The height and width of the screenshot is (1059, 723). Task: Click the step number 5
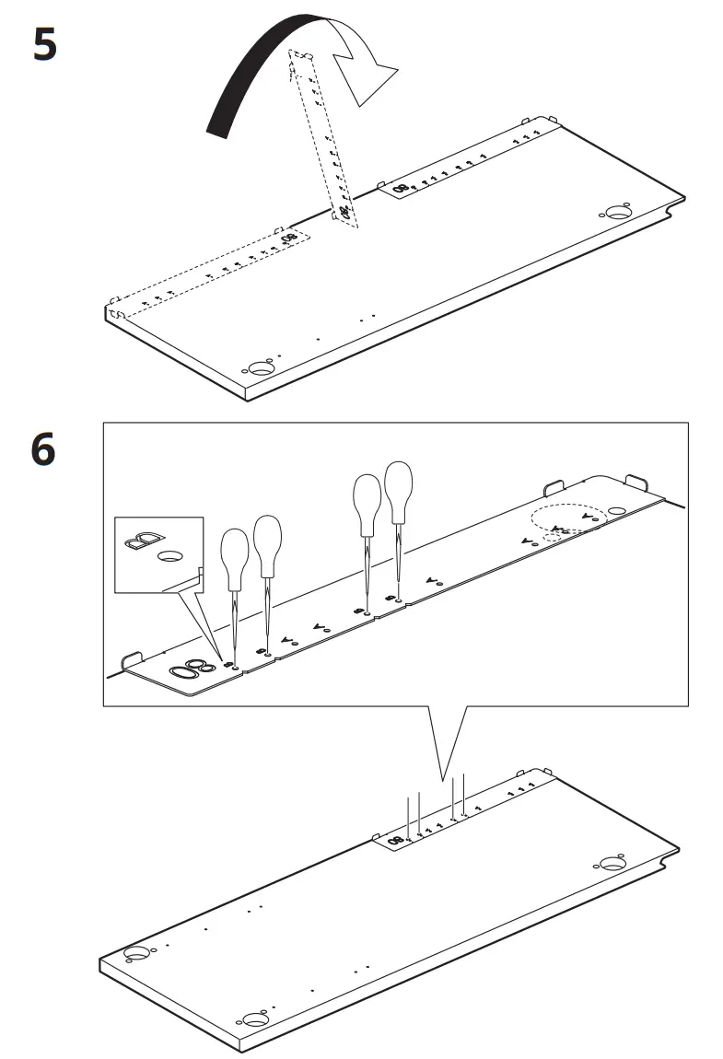(x=44, y=45)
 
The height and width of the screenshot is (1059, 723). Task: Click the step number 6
(x=44, y=452)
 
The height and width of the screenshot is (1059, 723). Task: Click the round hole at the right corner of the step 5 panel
(x=616, y=211)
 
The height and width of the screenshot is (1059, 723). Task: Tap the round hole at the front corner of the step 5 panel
(x=262, y=367)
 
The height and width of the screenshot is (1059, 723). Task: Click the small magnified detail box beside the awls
(x=157, y=553)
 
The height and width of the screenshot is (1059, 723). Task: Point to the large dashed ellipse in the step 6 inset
(x=567, y=518)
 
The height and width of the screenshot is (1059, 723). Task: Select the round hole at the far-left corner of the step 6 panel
(x=136, y=954)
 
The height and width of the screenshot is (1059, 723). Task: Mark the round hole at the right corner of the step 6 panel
(x=612, y=864)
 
